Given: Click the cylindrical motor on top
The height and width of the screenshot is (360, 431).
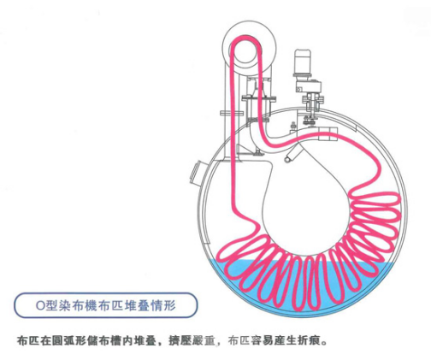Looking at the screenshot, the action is tap(303, 62).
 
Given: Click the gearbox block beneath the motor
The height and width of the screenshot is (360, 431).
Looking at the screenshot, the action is tap(308, 86).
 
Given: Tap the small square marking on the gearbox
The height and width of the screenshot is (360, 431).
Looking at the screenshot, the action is tap(298, 89).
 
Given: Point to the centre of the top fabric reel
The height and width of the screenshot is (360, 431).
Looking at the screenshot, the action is tap(245, 50).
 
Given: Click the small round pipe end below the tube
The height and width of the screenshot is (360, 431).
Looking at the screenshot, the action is tap(287, 159).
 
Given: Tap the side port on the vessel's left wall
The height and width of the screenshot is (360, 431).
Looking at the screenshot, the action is tap(197, 174).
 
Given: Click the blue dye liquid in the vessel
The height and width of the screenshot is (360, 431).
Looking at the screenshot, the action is tap(302, 288).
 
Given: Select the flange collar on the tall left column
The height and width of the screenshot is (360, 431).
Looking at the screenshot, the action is tap(232, 114).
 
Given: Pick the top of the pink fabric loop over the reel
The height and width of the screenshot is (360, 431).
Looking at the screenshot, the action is tap(245, 38).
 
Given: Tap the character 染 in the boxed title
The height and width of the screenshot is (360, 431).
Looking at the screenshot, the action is tap(67, 305).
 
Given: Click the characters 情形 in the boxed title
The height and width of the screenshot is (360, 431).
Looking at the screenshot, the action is tap(163, 305).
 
